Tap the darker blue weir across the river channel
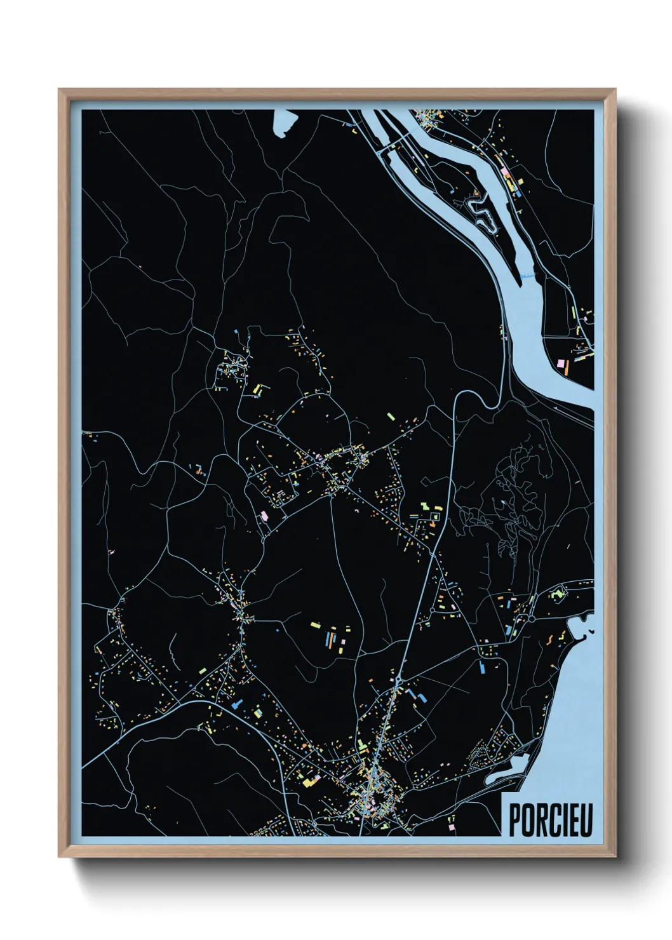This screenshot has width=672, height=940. point(526,277)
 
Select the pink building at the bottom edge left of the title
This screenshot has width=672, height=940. point(452,826)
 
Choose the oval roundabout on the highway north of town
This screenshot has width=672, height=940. point(398,679)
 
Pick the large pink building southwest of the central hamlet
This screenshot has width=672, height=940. point(265,515)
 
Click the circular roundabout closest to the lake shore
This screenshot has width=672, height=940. point(531,616)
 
